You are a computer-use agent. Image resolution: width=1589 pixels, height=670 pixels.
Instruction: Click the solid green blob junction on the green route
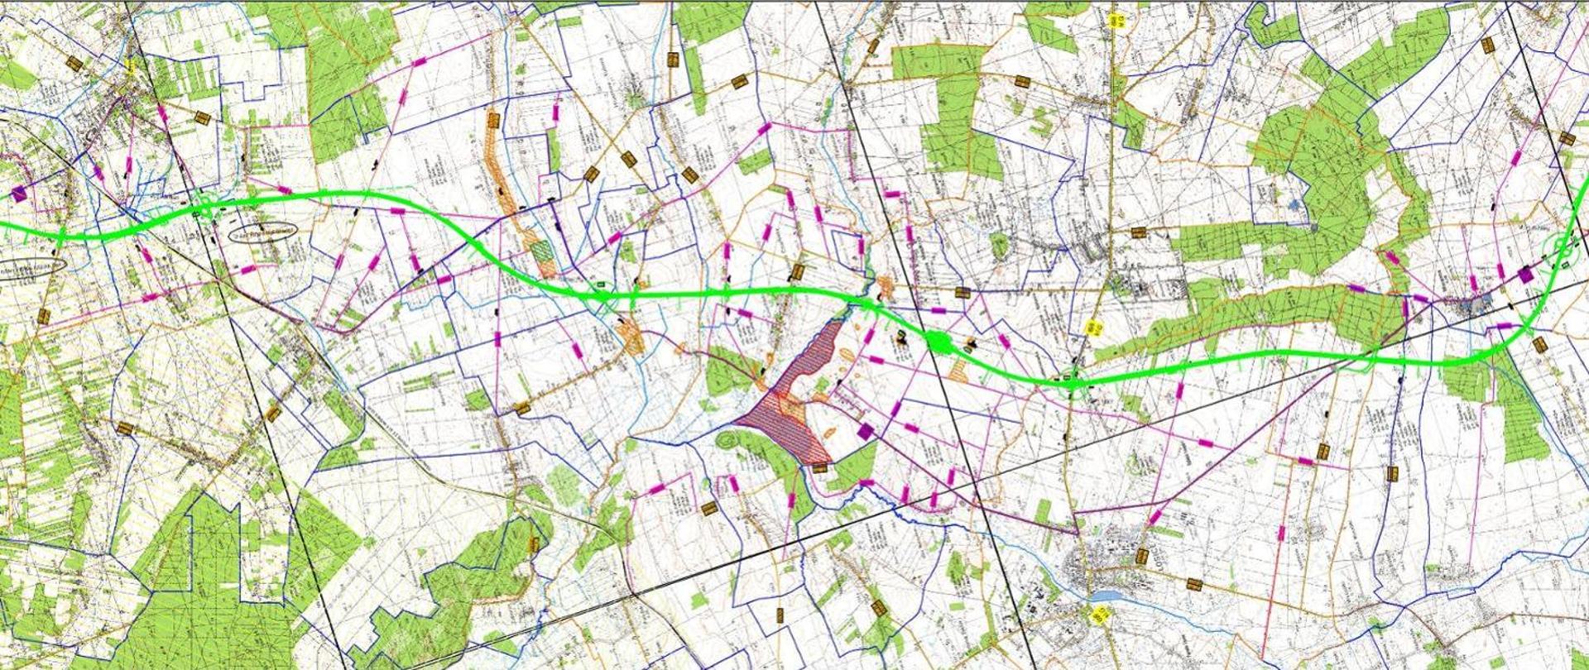click(938, 341)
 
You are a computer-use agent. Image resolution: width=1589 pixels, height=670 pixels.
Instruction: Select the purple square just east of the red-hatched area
click(865, 431)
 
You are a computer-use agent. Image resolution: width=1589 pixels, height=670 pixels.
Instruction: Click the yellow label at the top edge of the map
click(1117, 21)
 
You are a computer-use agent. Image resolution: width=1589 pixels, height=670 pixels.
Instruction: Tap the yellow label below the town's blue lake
click(1101, 615)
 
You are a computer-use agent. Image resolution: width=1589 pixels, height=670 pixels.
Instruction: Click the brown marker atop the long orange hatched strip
click(493, 122)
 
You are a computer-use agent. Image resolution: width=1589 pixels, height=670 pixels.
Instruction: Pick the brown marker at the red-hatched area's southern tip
click(819, 467)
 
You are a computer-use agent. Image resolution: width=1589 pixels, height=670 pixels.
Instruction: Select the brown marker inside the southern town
click(1143, 556)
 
